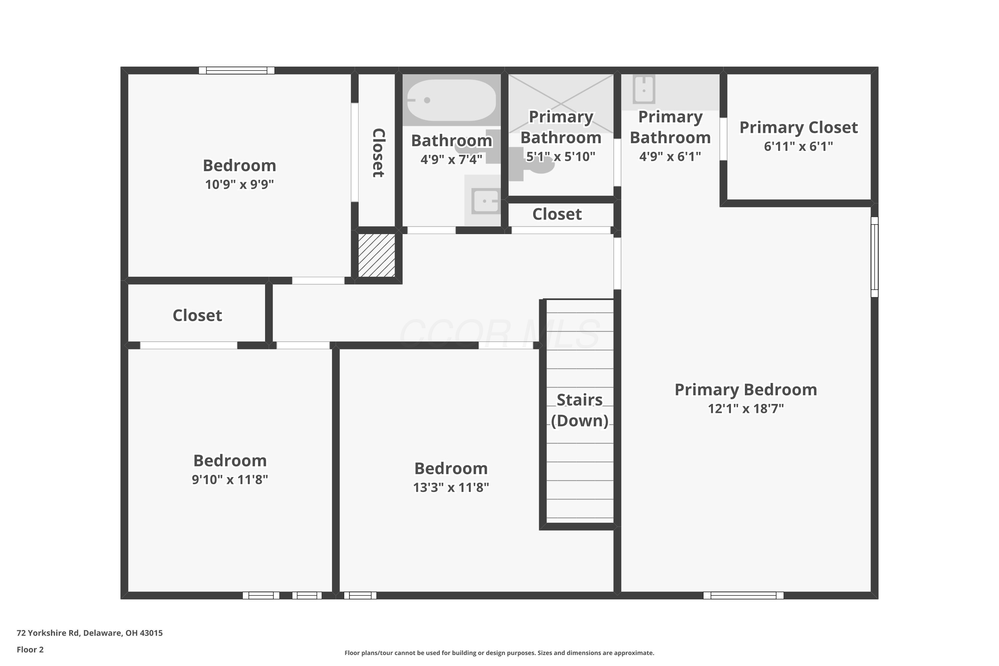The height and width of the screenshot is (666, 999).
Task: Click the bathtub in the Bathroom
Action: pos(451,100)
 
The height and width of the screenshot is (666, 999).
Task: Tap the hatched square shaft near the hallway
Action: pos(377,255)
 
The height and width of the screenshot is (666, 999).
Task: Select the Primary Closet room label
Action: pos(799,128)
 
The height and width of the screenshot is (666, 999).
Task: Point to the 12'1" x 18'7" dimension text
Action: pos(746,409)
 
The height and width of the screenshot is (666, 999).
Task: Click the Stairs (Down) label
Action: pos(580,410)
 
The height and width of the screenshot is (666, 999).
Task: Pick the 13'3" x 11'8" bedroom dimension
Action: pos(451,487)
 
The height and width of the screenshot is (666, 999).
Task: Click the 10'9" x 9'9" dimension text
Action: pos(239,184)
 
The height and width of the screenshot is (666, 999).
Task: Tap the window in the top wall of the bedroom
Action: pos(236,71)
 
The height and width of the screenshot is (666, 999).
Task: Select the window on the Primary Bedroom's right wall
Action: pos(874,257)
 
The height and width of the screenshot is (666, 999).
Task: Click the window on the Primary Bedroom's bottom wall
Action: pos(743,595)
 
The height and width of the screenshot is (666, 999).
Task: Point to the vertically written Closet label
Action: pos(378,153)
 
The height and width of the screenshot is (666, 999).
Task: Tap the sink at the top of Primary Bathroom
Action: pos(644,89)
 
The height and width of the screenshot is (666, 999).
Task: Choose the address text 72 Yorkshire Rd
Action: pos(48,633)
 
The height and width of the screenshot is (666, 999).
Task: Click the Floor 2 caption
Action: pos(30,649)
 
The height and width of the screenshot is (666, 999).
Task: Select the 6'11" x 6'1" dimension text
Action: pos(799,147)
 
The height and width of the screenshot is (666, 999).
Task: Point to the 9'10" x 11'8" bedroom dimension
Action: pos(230,480)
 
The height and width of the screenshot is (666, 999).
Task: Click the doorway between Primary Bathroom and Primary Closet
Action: pos(723,139)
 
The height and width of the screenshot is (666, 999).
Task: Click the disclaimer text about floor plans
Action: pos(499,653)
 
